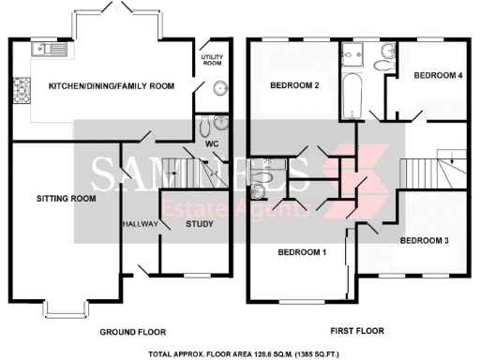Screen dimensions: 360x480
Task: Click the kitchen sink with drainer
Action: tap(44, 49)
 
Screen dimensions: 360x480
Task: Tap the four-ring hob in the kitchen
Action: tap(20, 90)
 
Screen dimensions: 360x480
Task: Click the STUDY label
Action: tap(199, 224)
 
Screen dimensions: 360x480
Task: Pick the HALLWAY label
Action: tap(140, 224)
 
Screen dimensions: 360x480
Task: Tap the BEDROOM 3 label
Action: tap(424, 241)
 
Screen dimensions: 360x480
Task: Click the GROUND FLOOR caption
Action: tap(132, 331)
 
